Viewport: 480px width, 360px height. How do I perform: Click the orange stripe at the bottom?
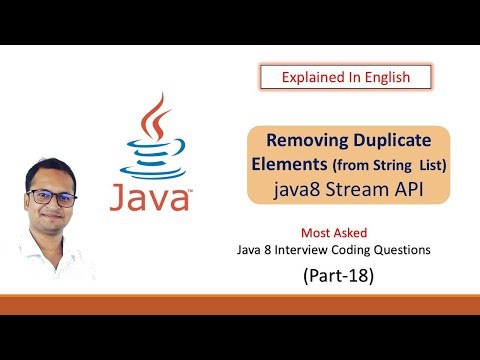point(240,304)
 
